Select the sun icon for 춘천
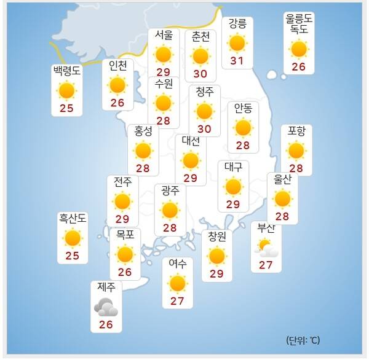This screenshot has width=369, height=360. [x=200, y=56]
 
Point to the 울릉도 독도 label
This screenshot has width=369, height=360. [x=299, y=23]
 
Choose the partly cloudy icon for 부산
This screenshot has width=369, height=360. [x=267, y=248]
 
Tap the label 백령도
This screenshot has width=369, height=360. [x=66, y=71]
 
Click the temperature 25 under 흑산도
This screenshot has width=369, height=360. [x=73, y=256]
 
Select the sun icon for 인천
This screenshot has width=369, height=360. [x=117, y=85]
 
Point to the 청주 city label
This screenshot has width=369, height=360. [x=204, y=92]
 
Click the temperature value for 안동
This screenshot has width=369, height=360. [x=243, y=145]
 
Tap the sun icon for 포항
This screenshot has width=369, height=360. [x=296, y=150]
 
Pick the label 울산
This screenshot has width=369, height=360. [x=282, y=179]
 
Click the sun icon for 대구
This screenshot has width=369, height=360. [x=233, y=186]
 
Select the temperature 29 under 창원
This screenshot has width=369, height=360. [x=216, y=273]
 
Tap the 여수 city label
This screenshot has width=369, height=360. [x=178, y=264]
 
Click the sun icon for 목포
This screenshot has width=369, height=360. [x=125, y=254]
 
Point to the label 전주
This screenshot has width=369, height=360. [x=122, y=181]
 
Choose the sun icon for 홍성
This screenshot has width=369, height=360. [x=143, y=150]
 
